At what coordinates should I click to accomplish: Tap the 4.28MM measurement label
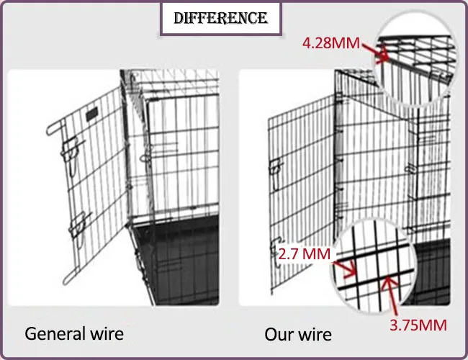[331, 43]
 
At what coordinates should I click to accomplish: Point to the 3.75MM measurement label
[418, 325]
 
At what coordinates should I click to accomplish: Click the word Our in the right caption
[278, 334]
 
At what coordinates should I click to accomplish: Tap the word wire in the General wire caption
[104, 334]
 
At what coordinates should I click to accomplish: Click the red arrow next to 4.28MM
[374, 50]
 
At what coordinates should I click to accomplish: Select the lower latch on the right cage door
[274, 245]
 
